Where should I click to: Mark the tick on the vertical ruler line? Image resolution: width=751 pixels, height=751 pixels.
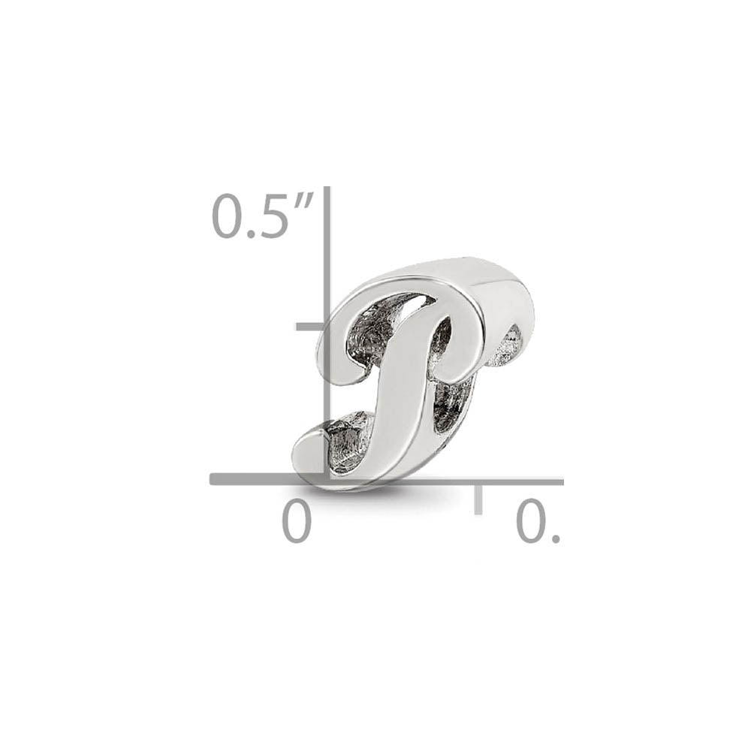pyautogui.click(x=309, y=327)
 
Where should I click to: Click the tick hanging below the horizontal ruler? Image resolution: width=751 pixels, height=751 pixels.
pyautogui.click(x=478, y=499)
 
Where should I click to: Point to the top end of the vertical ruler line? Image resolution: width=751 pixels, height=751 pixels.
pyautogui.click(x=327, y=189)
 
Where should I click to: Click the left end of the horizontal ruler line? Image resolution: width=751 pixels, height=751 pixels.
pyautogui.click(x=213, y=479)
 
